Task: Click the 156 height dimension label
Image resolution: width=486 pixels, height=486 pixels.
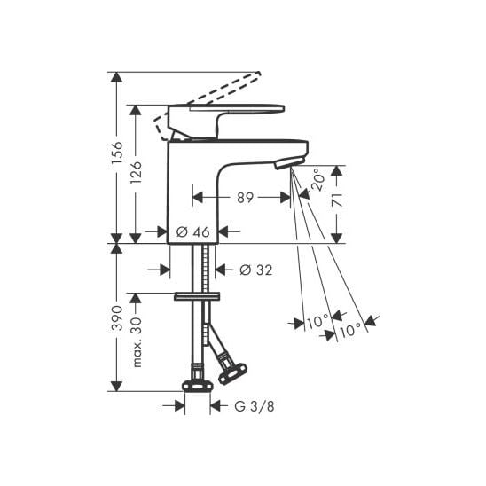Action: [x=117, y=153]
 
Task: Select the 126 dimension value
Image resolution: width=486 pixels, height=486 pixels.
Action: [x=136, y=172]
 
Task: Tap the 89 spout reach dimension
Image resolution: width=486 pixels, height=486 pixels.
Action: [x=245, y=198]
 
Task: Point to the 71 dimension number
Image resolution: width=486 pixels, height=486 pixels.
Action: [x=337, y=200]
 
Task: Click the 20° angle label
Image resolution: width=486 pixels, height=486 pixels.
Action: [x=318, y=179]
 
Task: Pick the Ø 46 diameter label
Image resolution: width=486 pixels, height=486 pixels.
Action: [x=192, y=231]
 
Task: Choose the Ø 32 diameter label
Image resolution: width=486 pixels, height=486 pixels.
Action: [x=256, y=270]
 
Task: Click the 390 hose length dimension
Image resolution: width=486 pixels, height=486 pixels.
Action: [x=117, y=317]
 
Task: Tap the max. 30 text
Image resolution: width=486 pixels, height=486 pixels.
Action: [x=137, y=342]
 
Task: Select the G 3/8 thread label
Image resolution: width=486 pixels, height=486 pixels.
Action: [x=255, y=406]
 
